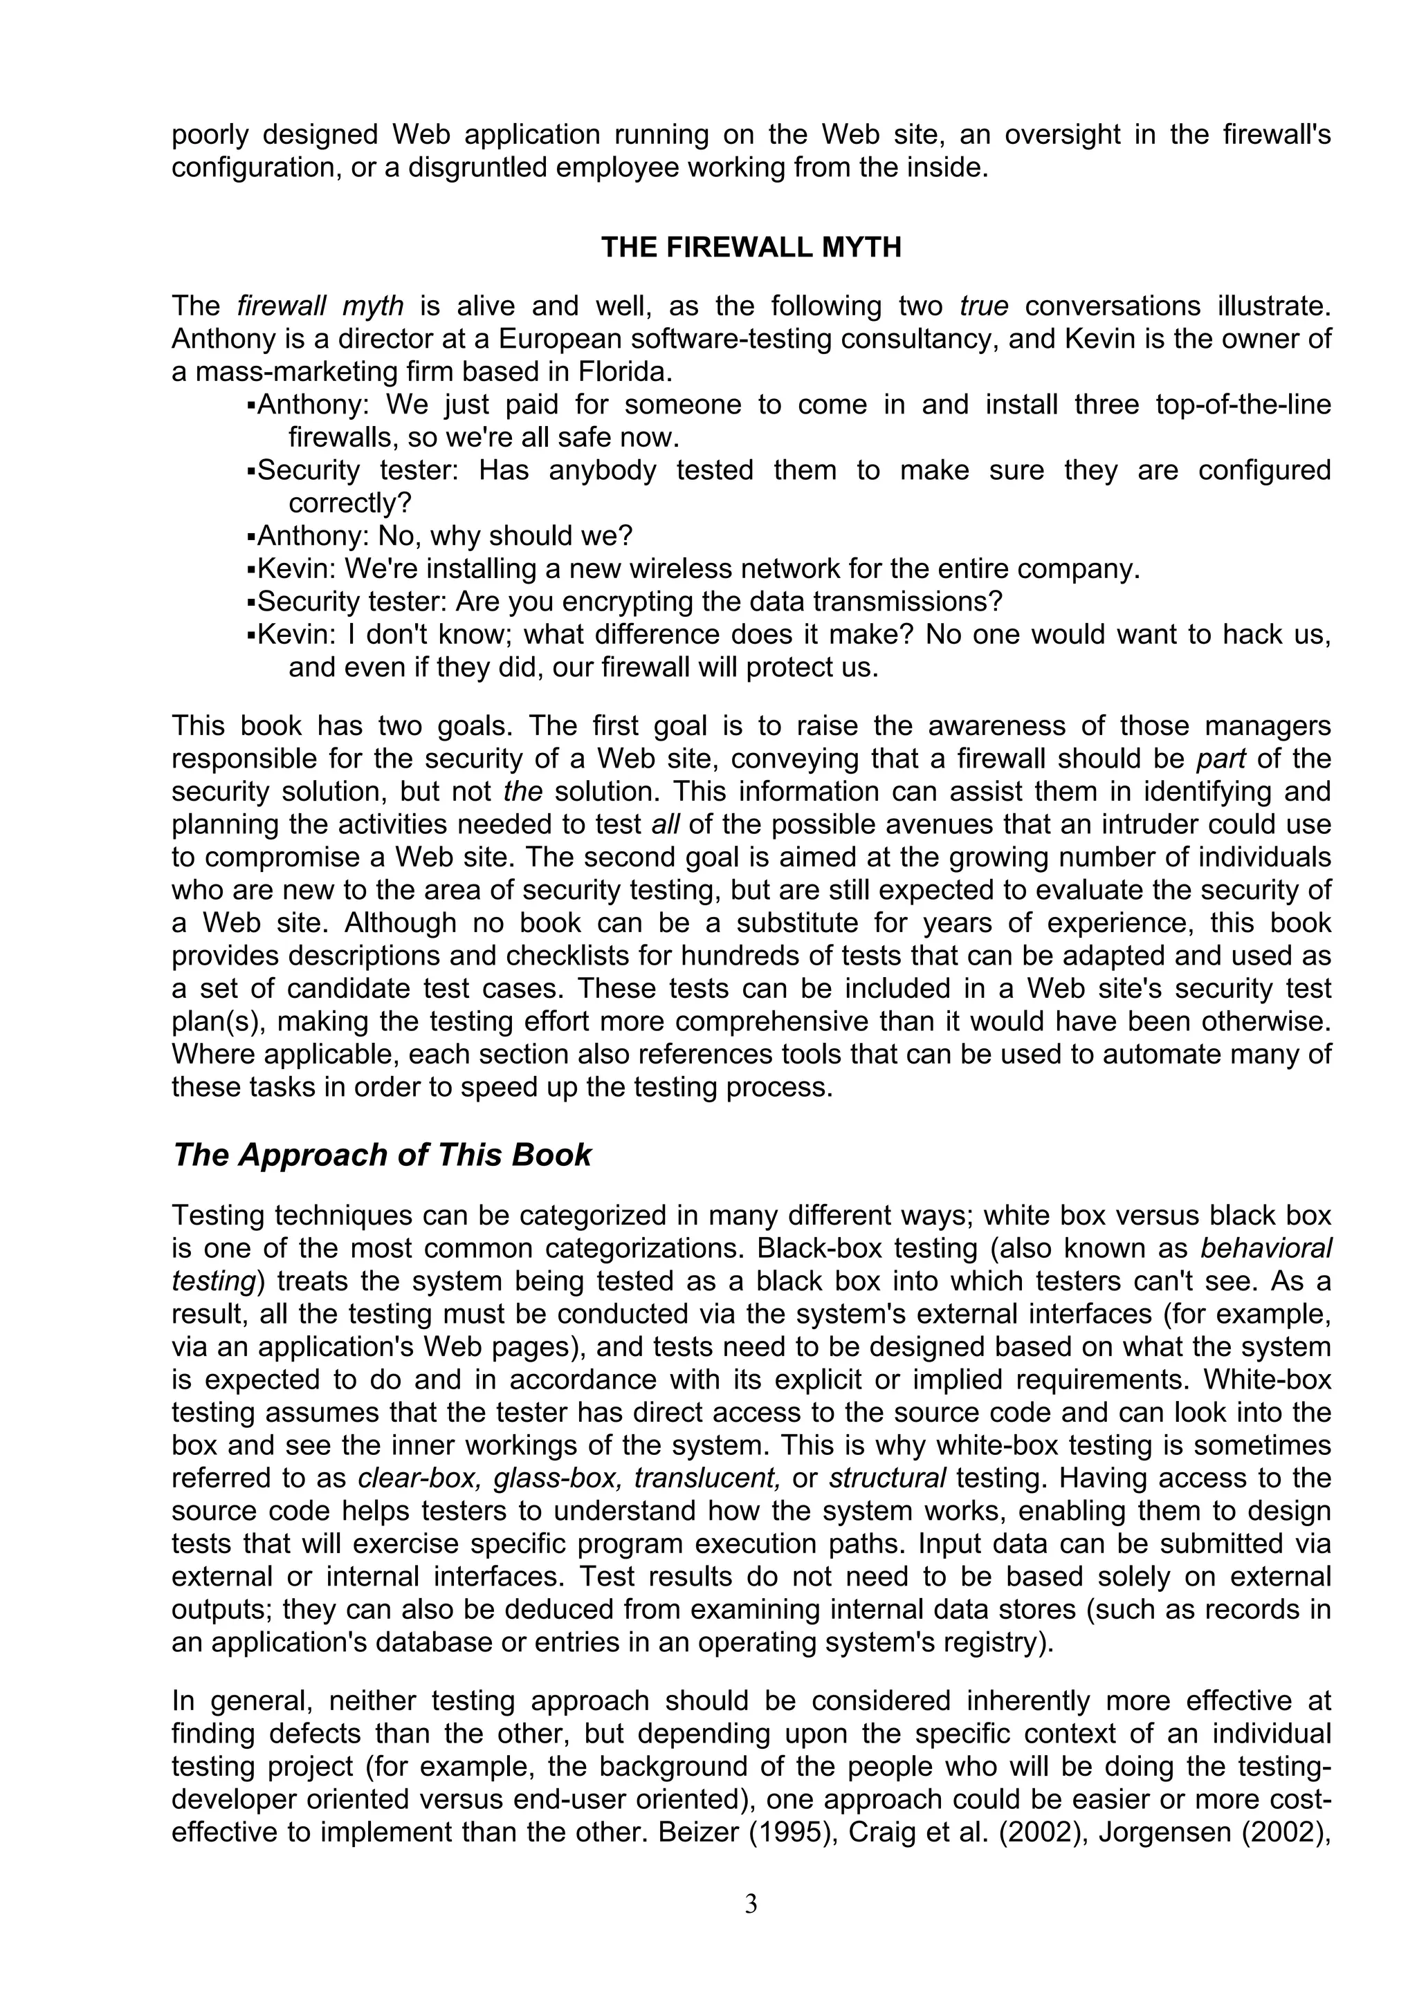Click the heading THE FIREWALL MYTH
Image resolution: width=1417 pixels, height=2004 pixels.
point(751,248)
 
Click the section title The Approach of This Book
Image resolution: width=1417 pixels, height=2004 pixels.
point(381,1155)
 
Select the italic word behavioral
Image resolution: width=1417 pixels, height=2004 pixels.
point(1266,1248)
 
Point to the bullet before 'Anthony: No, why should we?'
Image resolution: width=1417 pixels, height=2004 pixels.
point(251,536)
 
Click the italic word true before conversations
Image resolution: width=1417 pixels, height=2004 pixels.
point(984,306)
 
